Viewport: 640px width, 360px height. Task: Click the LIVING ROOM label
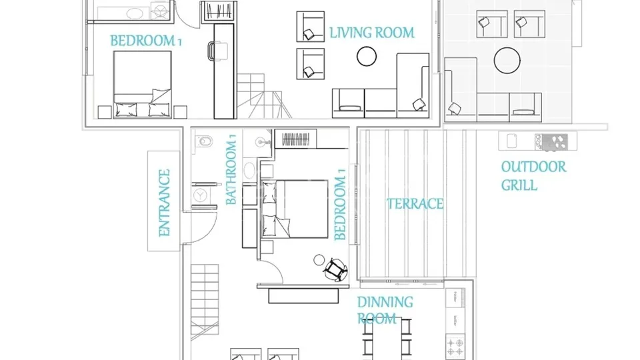pos(372,33)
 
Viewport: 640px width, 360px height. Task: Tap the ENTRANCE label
pos(164,203)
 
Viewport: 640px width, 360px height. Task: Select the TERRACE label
pos(415,204)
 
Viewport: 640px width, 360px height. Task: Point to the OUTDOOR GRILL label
pos(533,176)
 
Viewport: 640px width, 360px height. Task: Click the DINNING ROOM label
pos(385,310)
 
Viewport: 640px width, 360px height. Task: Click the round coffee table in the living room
pos(367,56)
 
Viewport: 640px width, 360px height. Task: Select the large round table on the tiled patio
pos(507,61)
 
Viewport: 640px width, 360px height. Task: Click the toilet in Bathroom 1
pos(204,141)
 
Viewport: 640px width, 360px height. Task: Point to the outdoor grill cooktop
pos(551,142)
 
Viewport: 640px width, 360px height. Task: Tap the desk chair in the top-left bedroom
pos(217,51)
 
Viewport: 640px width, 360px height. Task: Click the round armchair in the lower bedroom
pos(335,269)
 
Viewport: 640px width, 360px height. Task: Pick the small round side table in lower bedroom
pos(319,259)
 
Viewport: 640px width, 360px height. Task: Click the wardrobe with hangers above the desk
pos(219,11)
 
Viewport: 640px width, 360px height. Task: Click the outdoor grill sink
pos(512,141)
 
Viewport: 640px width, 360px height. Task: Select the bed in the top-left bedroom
pos(142,85)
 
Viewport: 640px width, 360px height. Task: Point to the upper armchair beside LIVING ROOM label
pos(311,27)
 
